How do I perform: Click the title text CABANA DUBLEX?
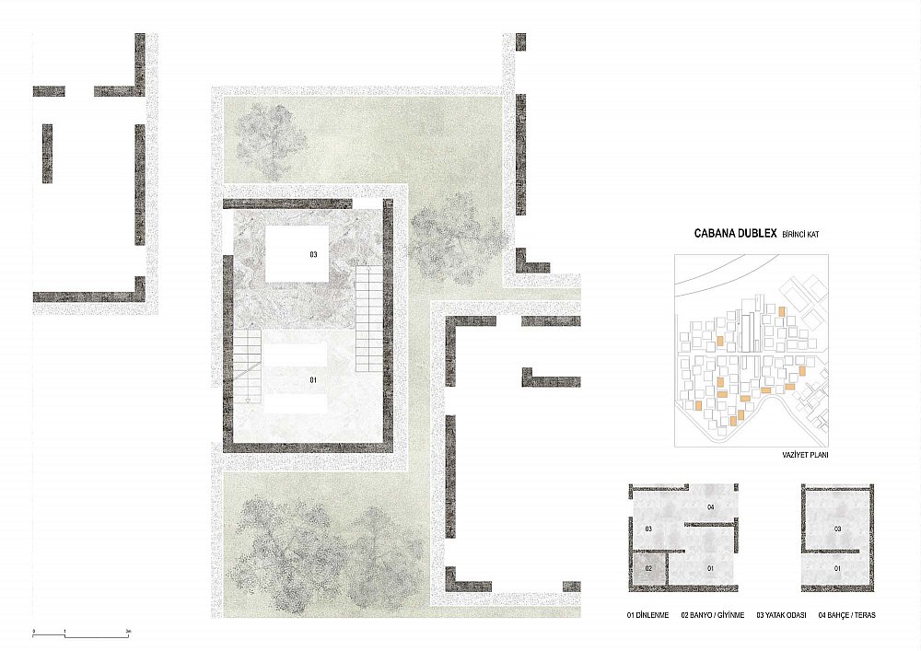(x=735, y=233)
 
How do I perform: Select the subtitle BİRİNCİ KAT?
(x=800, y=234)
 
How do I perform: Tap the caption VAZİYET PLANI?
(x=805, y=454)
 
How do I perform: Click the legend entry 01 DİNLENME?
(x=647, y=615)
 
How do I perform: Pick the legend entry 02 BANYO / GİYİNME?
(x=713, y=615)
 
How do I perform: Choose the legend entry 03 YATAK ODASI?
(x=781, y=615)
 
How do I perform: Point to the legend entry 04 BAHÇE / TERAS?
(x=846, y=615)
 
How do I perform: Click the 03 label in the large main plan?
(x=314, y=254)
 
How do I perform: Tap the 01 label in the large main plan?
(x=314, y=379)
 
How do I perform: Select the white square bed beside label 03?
(x=296, y=253)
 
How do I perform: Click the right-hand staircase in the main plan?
(x=369, y=319)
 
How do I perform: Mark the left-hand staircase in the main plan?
(x=247, y=366)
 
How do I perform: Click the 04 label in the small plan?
(x=711, y=506)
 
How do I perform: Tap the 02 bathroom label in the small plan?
(x=648, y=568)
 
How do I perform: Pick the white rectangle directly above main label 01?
(x=296, y=355)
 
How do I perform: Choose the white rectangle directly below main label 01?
(x=296, y=404)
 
